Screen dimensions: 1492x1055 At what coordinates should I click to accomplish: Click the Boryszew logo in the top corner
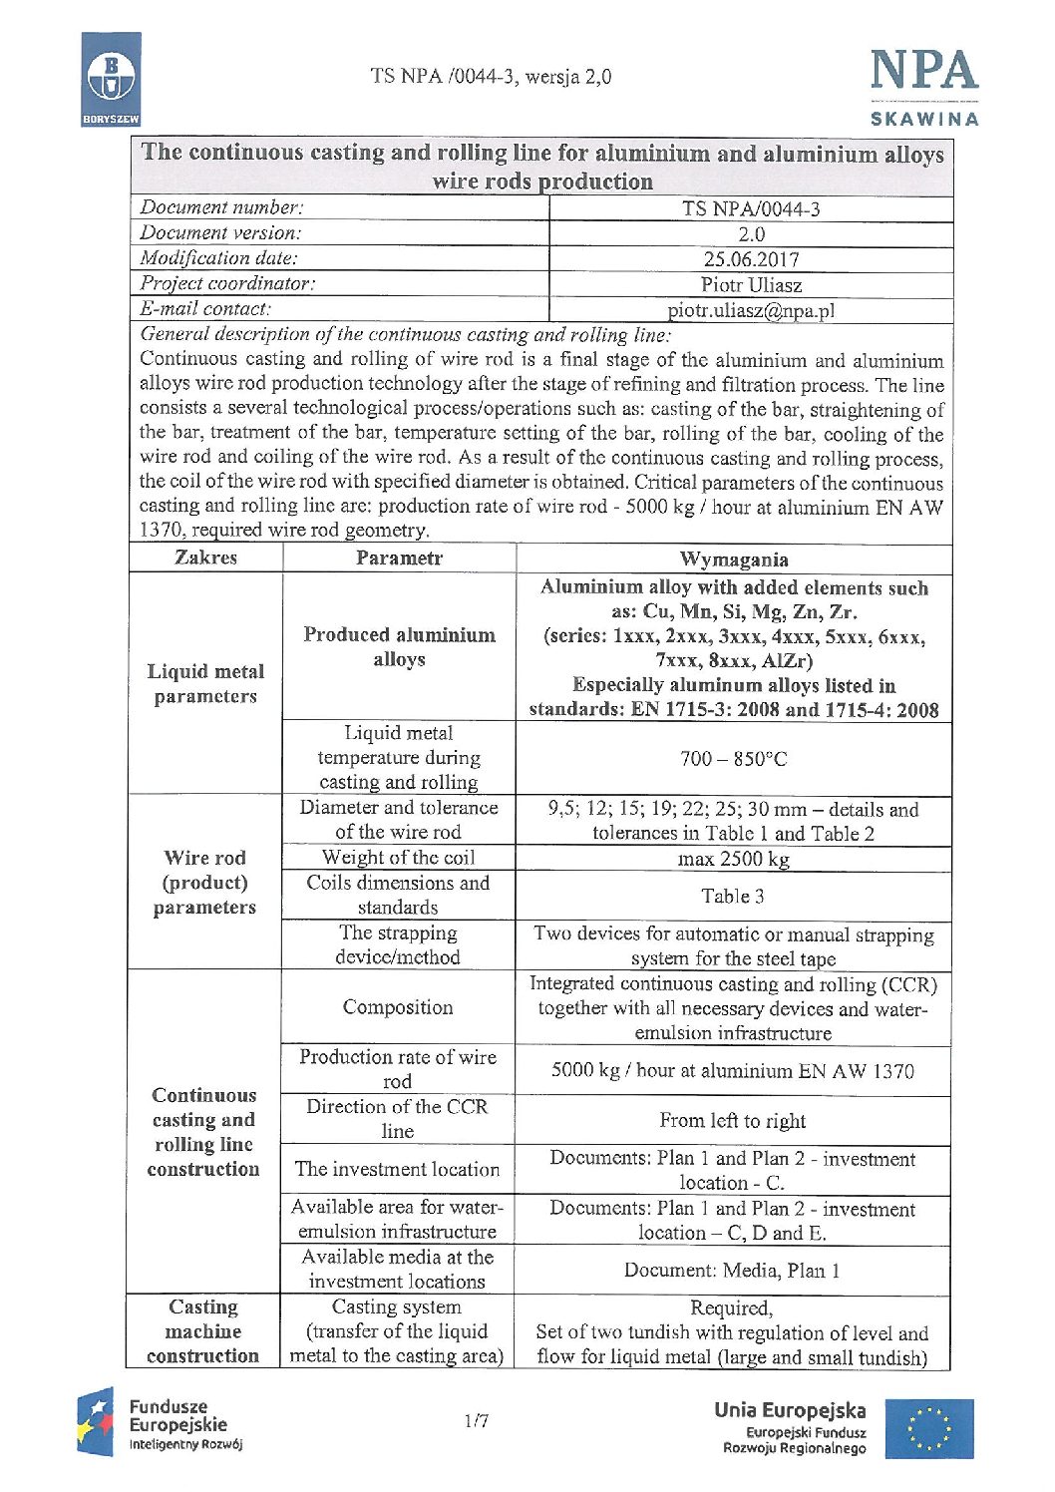click(x=111, y=79)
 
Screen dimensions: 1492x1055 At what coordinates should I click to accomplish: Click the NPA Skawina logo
click(x=923, y=86)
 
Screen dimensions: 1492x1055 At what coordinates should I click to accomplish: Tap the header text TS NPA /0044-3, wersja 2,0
click(x=491, y=77)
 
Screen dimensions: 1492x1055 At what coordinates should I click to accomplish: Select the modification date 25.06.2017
click(x=751, y=259)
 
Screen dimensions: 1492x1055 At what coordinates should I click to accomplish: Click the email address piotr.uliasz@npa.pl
click(x=751, y=310)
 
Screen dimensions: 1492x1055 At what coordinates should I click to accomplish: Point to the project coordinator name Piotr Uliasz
click(x=751, y=285)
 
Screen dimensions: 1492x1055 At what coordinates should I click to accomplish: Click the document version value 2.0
click(x=751, y=234)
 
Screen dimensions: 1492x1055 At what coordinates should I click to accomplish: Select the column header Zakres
click(x=206, y=558)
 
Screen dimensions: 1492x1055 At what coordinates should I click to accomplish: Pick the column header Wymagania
click(x=733, y=559)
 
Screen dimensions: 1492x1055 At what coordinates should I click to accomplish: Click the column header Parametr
click(x=399, y=559)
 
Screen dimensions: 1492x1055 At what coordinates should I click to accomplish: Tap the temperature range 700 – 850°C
click(x=733, y=759)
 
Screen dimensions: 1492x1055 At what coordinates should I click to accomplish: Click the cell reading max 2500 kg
click(x=733, y=859)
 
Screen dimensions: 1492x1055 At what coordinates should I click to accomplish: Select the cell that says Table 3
click(x=733, y=896)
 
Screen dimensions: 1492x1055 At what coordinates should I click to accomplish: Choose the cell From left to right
click(x=733, y=1120)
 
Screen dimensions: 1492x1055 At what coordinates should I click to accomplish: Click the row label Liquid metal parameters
click(x=206, y=683)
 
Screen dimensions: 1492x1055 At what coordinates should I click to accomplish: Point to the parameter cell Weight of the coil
click(x=399, y=858)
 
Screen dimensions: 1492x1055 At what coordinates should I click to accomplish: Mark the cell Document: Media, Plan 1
click(x=733, y=1270)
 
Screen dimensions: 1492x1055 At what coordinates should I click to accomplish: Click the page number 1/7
click(x=477, y=1420)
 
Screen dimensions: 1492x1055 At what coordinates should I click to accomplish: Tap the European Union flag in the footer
click(x=941, y=1428)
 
